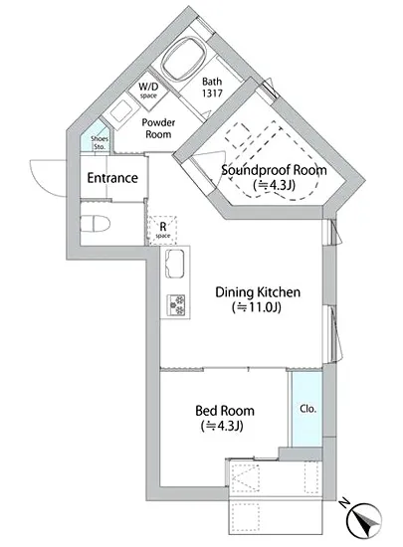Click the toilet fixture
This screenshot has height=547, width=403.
pos(95,223)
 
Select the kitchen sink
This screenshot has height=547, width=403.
pos(174,265)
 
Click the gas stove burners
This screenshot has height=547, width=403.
pos(176,305)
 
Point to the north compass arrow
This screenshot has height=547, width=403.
pos(364,521)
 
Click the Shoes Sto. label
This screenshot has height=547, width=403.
pos(100,142)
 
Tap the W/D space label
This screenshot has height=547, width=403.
pos(148,90)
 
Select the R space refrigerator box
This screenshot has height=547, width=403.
pos(163,230)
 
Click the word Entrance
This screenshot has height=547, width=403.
pos(112,178)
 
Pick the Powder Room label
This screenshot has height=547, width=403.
pos(158,128)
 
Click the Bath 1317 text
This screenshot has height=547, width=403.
pos(212,88)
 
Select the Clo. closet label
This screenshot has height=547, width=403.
pos(308,409)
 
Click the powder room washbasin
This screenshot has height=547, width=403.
pos(120,111)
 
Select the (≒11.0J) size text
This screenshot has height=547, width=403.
pos(257,307)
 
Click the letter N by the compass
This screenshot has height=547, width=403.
pos(344,502)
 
